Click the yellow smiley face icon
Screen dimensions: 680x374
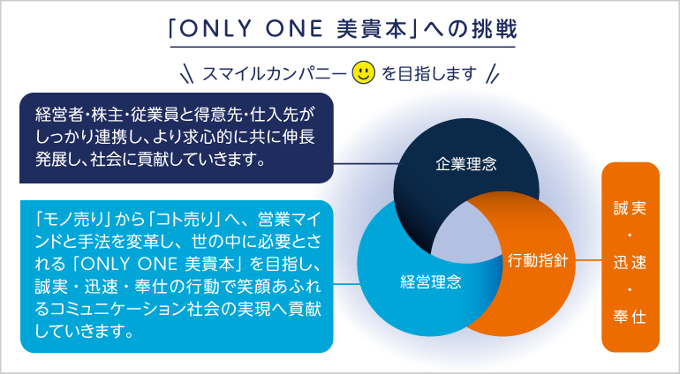click(364, 73)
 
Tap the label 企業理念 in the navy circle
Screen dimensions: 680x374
click(466, 164)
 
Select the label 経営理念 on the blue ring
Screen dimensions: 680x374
click(431, 282)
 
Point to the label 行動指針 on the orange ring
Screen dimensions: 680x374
click(538, 260)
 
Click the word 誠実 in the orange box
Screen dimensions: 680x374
click(631, 208)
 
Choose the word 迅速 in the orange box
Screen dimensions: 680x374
click(631, 263)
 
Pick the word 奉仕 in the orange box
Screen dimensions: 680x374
click(631, 318)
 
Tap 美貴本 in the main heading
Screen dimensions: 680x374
click(372, 29)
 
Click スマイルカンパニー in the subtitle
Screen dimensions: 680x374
click(275, 74)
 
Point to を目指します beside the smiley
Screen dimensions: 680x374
click(429, 74)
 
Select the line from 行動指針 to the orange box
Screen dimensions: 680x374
click(588, 260)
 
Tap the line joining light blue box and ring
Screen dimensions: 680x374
click(345, 284)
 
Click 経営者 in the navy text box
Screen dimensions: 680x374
click(56, 115)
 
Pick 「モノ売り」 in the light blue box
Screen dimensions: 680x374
click(72, 220)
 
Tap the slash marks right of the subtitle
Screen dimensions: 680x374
click(493, 74)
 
